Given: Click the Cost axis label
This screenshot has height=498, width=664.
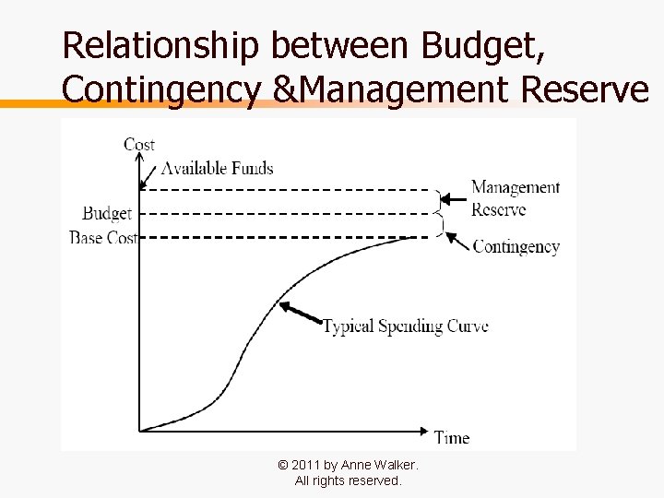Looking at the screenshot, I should tap(139, 144).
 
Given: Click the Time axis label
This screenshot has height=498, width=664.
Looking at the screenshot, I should tap(452, 438).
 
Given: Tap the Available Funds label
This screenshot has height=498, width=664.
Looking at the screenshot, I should tap(217, 168).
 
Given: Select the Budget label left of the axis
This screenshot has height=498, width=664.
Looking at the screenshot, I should tap(107, 213).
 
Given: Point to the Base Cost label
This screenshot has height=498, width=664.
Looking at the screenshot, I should tap(103, 238).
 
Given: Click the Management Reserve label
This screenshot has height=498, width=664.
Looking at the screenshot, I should tap(515, 198).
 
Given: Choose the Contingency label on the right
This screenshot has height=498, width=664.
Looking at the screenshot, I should tap(516, 246).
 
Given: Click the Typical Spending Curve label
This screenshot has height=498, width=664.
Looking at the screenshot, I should tap(405, 326).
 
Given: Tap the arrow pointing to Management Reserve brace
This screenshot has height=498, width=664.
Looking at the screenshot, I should tap(453, 198).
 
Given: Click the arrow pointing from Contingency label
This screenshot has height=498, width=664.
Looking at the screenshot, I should tap(456, 240).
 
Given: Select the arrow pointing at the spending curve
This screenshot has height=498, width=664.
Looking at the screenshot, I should tap(300, 313).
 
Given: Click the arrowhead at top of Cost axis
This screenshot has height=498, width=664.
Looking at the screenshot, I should tap(139, 161).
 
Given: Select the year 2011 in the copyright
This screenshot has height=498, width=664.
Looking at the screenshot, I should tap(305, 466).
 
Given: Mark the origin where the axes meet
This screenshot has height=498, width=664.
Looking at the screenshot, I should tap(139, 431).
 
